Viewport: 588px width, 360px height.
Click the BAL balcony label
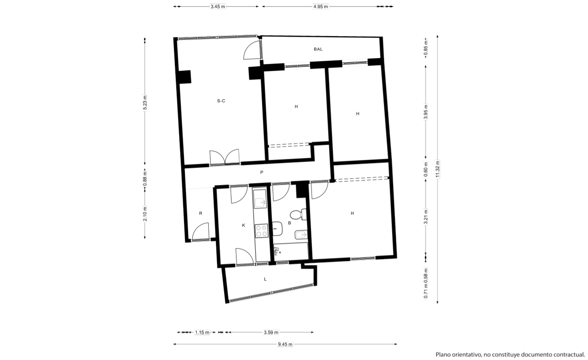coord(318,49)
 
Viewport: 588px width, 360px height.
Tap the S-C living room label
coord(221,101)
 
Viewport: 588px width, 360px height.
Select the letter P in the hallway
coord(262,172)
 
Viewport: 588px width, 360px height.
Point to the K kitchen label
coord(243,225)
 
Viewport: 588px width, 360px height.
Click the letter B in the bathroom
coord(289,223)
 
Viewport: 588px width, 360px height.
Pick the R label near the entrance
coord(200,213)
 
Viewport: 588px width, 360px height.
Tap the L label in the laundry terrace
coord(265,279)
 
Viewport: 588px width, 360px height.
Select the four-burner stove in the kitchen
coord(262,231)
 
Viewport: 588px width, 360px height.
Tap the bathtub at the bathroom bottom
coord(291,251)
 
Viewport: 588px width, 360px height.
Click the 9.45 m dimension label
coord(285,344)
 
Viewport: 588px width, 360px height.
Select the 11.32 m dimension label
coord(437,169)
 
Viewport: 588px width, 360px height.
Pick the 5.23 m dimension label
coord(145,102)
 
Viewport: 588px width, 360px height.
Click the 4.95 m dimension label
coord(320,6)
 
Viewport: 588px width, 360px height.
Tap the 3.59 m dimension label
coord(271,333)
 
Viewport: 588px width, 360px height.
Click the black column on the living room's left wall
coord(184,77)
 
